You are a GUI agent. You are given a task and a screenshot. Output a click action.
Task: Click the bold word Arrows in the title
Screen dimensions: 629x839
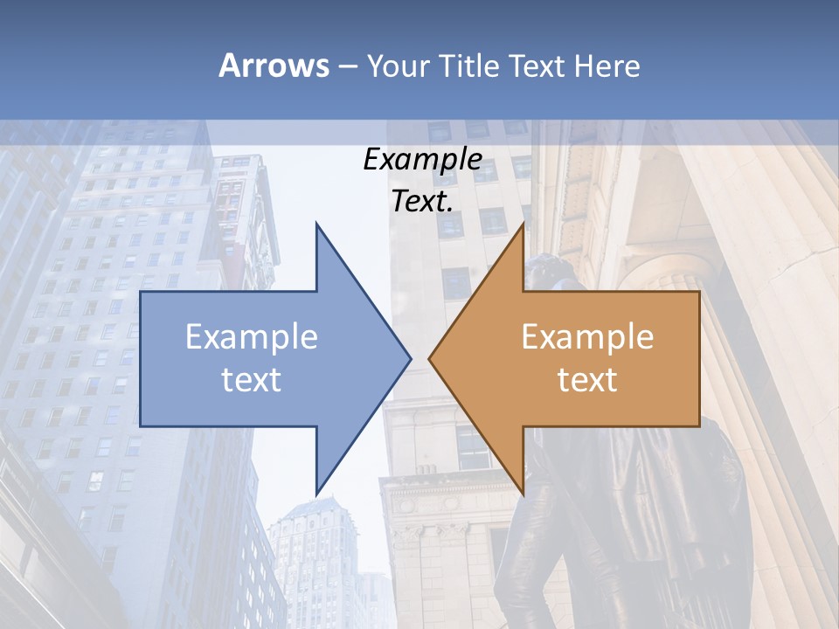point(274,66)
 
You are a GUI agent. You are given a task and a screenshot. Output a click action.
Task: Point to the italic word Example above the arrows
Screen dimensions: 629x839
point(423,159)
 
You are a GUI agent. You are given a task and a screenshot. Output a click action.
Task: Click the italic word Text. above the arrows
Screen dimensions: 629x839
point(423,201)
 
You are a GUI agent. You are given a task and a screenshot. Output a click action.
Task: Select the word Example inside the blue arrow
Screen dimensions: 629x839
point(252,337)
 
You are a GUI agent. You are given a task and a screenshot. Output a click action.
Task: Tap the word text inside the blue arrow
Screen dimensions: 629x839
point(252,379)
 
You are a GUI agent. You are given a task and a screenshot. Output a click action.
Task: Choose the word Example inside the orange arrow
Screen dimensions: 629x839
point(587,337)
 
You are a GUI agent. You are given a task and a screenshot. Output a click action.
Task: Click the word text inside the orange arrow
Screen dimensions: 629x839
point(587,379)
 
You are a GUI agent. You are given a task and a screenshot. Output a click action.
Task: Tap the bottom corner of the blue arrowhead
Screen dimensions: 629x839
point(316,493)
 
